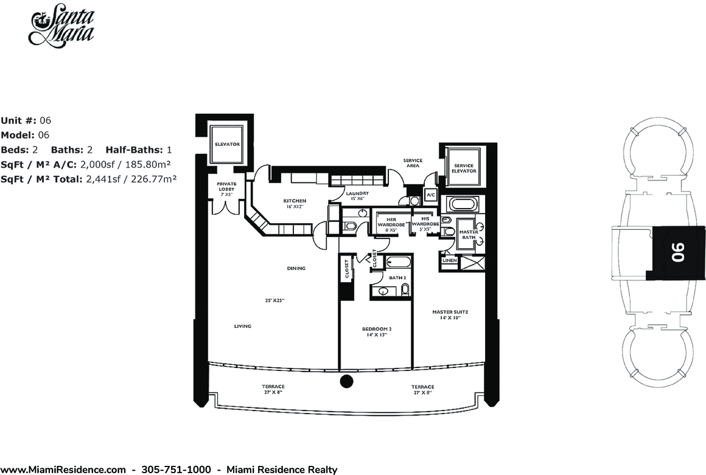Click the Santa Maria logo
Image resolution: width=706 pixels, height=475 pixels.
coord(62,24)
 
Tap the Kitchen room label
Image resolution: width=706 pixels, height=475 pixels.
coord(295,203)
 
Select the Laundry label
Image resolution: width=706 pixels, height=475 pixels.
coord(357,196)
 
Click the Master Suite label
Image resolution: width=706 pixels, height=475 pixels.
coord(450,314)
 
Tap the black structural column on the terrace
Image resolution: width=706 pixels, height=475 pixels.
coord(346,381)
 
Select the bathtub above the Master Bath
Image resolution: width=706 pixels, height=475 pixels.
coord(463,205)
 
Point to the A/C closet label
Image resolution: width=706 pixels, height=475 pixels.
coord(430,195)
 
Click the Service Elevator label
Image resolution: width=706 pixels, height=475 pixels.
coord(464,168)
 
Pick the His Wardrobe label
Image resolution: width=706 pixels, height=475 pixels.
coord(425,224)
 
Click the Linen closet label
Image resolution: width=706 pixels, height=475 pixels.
coord(450,260)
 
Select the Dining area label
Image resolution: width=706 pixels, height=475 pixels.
coord(296,268)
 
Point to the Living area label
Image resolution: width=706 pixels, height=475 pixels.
coord(243,326)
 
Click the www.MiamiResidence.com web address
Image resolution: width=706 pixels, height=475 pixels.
coord(63,470)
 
